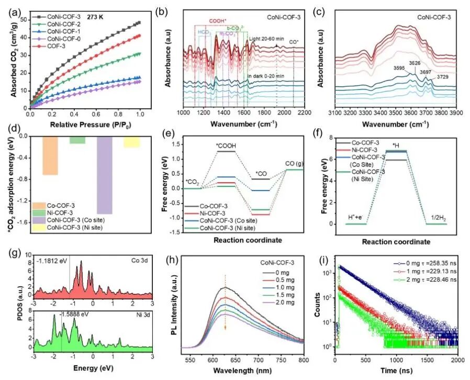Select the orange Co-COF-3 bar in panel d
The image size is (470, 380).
[x=51, y=155]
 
